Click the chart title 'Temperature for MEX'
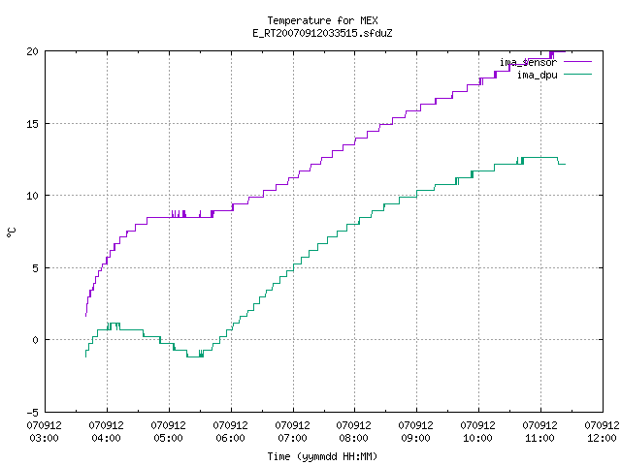point(322,20)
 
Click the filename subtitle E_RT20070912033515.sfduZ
point(322,33)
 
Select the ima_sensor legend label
point(528,62)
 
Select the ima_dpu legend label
point(537,75)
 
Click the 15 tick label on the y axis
point(32,124)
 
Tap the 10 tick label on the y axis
point(32,196)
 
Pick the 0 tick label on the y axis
point(35,340)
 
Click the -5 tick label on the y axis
point(32,413)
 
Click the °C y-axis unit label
point(11,232)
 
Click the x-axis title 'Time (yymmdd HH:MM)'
point(322,456)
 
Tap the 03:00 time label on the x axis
point(44,438)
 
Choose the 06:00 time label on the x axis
point(230,438)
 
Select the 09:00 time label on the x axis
point(415,438)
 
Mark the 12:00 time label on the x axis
point(602,438)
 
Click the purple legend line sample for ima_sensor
point(577,62)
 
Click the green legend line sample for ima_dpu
point(577,75)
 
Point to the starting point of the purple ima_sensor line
point(86,316)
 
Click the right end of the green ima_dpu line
point(565,164)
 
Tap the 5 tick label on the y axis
point(35,268)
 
